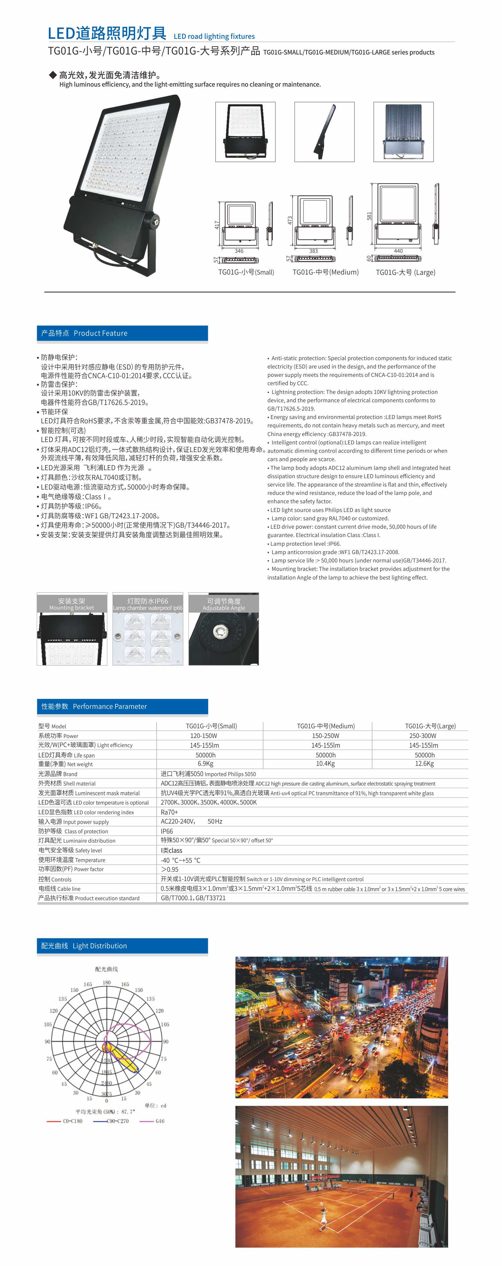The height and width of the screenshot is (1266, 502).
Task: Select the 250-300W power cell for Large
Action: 423,736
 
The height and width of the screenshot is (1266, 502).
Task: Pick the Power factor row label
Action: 71,869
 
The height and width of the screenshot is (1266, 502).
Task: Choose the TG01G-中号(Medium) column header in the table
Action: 326,726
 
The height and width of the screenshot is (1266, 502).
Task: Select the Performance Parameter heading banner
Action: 122,706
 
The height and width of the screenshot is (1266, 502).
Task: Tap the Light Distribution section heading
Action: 122,946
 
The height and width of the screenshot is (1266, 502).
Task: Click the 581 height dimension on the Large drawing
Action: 369,216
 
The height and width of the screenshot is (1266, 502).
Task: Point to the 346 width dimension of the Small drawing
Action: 239,251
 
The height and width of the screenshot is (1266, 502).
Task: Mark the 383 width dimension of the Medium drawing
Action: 313,251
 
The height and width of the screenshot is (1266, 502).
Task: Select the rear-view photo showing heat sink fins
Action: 403,132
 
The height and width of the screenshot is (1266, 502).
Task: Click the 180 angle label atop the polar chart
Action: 107,982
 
